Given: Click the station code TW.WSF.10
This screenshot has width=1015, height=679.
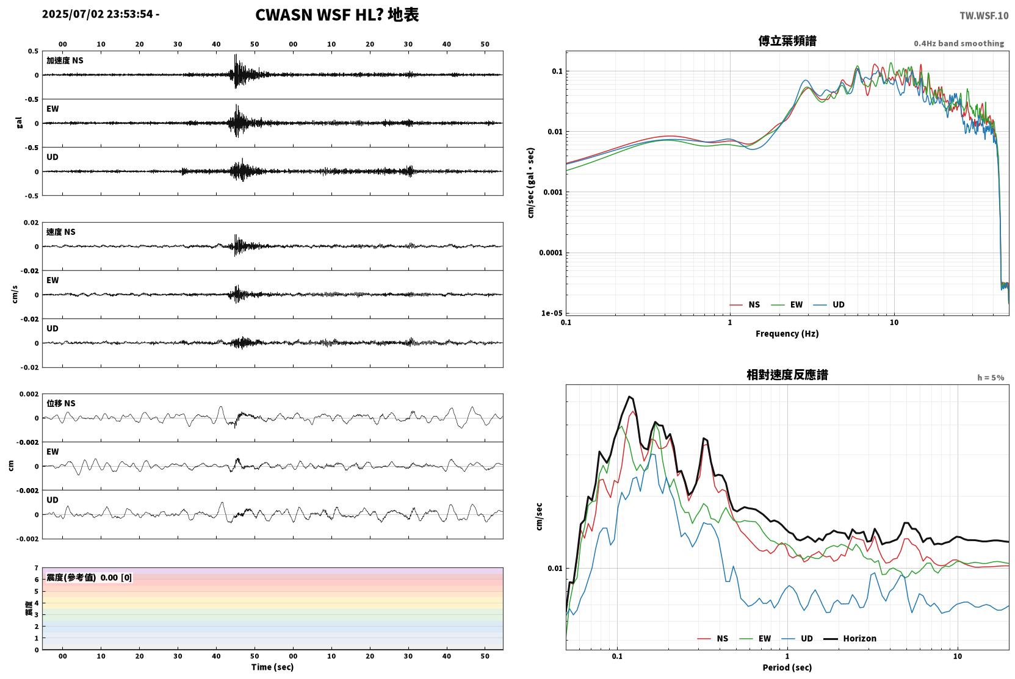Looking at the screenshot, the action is click(x=984, y=15).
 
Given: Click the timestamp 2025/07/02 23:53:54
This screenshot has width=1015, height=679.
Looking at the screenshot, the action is click(x=98, y=14).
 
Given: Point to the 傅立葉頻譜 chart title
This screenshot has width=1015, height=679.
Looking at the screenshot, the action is click(x=787, y=41).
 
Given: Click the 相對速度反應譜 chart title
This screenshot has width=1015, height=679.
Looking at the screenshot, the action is click(x=787, y=375).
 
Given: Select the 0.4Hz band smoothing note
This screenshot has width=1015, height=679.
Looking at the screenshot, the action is click(x=959, y=43).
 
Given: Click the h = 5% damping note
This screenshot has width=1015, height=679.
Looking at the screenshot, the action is click(x=991, y=377).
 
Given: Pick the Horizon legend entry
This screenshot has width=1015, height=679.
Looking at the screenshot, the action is click(x=850, y=638).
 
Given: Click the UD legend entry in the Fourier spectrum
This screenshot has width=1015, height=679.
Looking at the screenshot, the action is click(x=829, y=304).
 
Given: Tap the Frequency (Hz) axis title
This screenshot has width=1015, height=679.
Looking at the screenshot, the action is click(x=787, y=334).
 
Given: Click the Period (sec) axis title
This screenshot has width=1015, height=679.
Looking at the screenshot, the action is click(x=787, y=667).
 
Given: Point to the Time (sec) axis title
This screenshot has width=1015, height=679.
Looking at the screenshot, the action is click(x=272, y=667).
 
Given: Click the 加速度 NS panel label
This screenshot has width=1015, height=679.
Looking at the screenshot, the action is click(x=65, y=60).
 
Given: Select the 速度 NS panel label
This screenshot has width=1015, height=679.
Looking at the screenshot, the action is click(x=60, y=232).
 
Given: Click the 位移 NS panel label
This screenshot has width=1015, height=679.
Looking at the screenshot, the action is click(x=60, y=403).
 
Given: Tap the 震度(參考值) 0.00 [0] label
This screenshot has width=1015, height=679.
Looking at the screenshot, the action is click(x=89, y=578).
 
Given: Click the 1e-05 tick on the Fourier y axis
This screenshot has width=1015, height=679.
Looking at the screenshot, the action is click(x=552, y=313).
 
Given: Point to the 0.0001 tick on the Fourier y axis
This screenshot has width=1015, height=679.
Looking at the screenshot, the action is click(x=551, y=253).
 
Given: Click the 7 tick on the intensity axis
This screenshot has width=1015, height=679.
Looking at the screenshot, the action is click(x=37, y=568).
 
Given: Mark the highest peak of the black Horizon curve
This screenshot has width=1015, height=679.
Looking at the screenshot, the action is click(x=629, y=397).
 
